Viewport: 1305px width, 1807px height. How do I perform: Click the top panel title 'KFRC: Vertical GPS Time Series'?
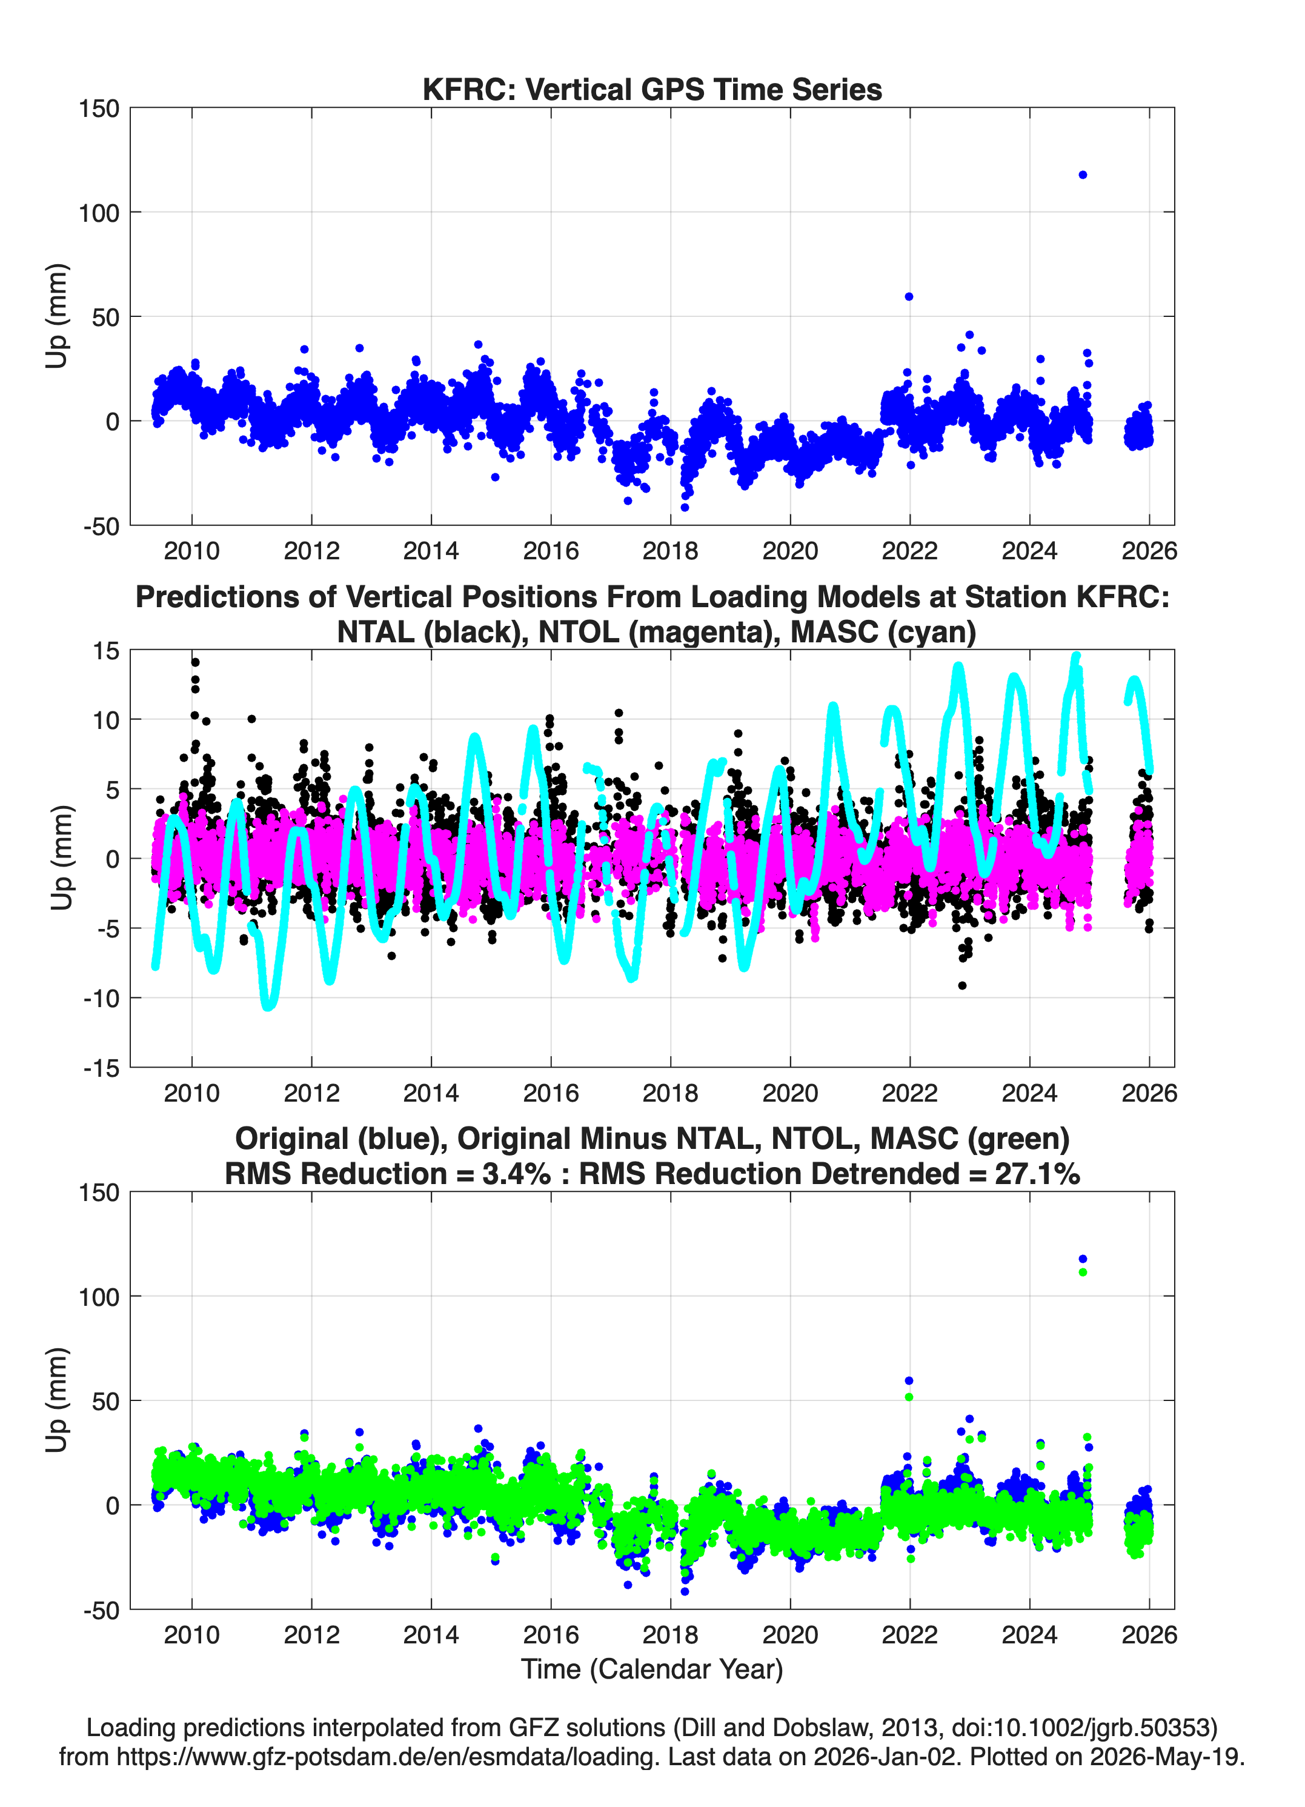click(652, 89)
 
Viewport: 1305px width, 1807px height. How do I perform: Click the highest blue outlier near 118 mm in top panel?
click(1083, 175)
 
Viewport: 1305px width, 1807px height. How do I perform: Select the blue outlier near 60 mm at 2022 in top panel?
click(909, 296)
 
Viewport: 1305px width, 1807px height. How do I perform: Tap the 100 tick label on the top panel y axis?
click(99, 213)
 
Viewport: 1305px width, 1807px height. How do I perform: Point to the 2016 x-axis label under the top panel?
click(551, 551)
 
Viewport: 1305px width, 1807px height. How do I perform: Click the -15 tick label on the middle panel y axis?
click(101, 1068)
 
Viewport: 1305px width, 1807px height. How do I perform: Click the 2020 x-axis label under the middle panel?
click(790, 1093)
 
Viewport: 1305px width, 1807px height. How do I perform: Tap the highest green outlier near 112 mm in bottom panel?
click(1083, 1273)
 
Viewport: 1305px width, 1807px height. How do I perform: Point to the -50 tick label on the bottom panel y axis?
click(101, 1610)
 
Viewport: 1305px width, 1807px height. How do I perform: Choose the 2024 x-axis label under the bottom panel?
click(1029, 1634)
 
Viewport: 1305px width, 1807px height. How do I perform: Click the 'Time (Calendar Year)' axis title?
click(652, 1669)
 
